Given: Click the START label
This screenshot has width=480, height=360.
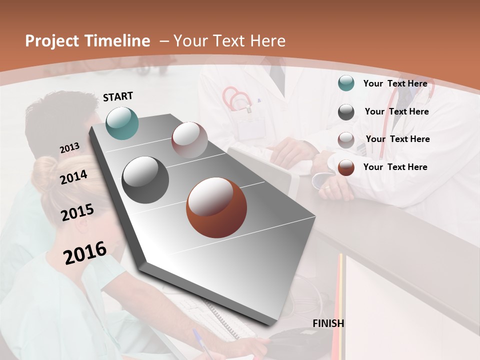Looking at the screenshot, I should click(x=118, y=96).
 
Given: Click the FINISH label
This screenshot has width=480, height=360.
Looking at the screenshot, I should click(x=328, y=323).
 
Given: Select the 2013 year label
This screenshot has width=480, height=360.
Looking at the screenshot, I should click(x=69, y=148).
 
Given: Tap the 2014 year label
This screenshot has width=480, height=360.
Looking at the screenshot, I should click(x=74, y=177).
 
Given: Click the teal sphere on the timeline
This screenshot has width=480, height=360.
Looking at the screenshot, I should click(x=122, y=123).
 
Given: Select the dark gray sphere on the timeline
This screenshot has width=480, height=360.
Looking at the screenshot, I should click(x=145, y=180).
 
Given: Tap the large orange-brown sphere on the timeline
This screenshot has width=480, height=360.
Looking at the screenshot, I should click(x=216, y=207).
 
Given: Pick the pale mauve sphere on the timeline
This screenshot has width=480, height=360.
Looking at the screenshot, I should click(x=189, y=139).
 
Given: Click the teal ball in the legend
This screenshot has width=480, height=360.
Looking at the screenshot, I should click(x=346, y=83).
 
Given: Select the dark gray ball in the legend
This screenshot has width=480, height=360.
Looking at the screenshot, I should click(x=346, y=112).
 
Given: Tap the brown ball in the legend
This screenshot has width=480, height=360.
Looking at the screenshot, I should click(x=346, y=167).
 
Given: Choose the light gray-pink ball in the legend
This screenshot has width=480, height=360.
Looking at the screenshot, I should click(x=346, y=140).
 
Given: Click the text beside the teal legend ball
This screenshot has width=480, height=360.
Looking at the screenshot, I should click(x=395, y=83).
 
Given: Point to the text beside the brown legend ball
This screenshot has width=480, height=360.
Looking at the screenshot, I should click(x=395, y=167).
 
